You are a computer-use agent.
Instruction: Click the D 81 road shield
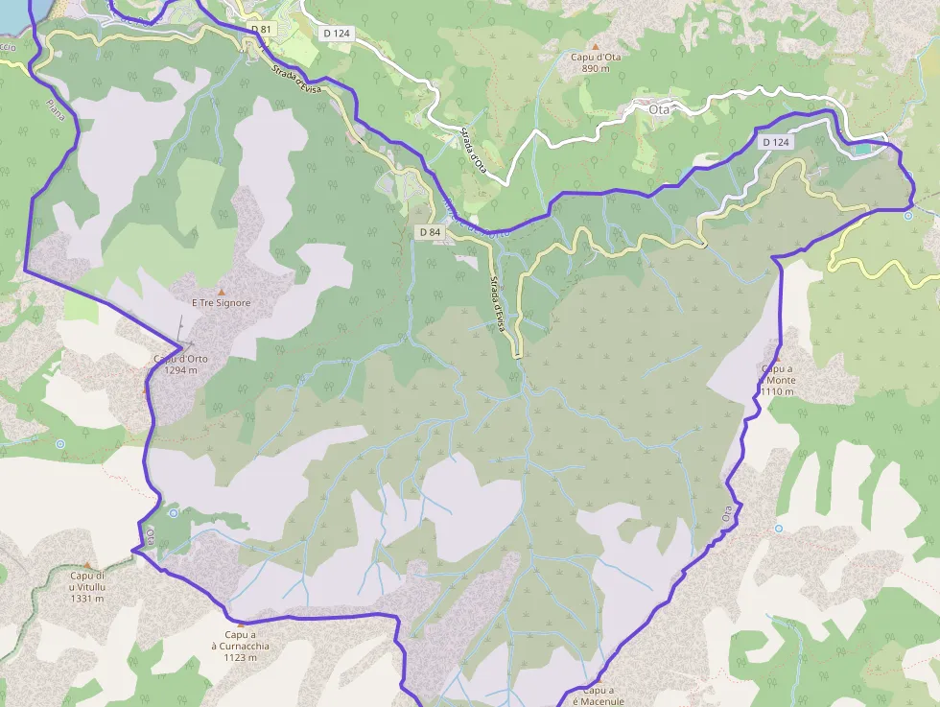(x=261, y=30)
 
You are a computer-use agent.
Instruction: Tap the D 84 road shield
(x=430, y=232)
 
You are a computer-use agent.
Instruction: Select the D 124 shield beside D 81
(x=337, y=34)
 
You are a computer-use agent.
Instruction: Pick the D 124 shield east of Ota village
(x=777, y=142)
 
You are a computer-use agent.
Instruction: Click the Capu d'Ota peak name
(x=596, y=58)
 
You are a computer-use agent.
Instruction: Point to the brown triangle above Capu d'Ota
(x=596, y=45)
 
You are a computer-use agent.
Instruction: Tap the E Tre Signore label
(x=222, y=303)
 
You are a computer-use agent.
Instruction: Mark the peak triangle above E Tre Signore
(x=222, y=291)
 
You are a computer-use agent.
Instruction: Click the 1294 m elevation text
(x=180, y=370)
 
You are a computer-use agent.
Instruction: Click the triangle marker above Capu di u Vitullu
(x=87, y=565)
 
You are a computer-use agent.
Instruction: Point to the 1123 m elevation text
(x=240, y=657)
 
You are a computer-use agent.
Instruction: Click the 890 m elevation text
(x=596, y=69)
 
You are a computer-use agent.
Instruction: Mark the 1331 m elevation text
(x=86, y=599)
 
